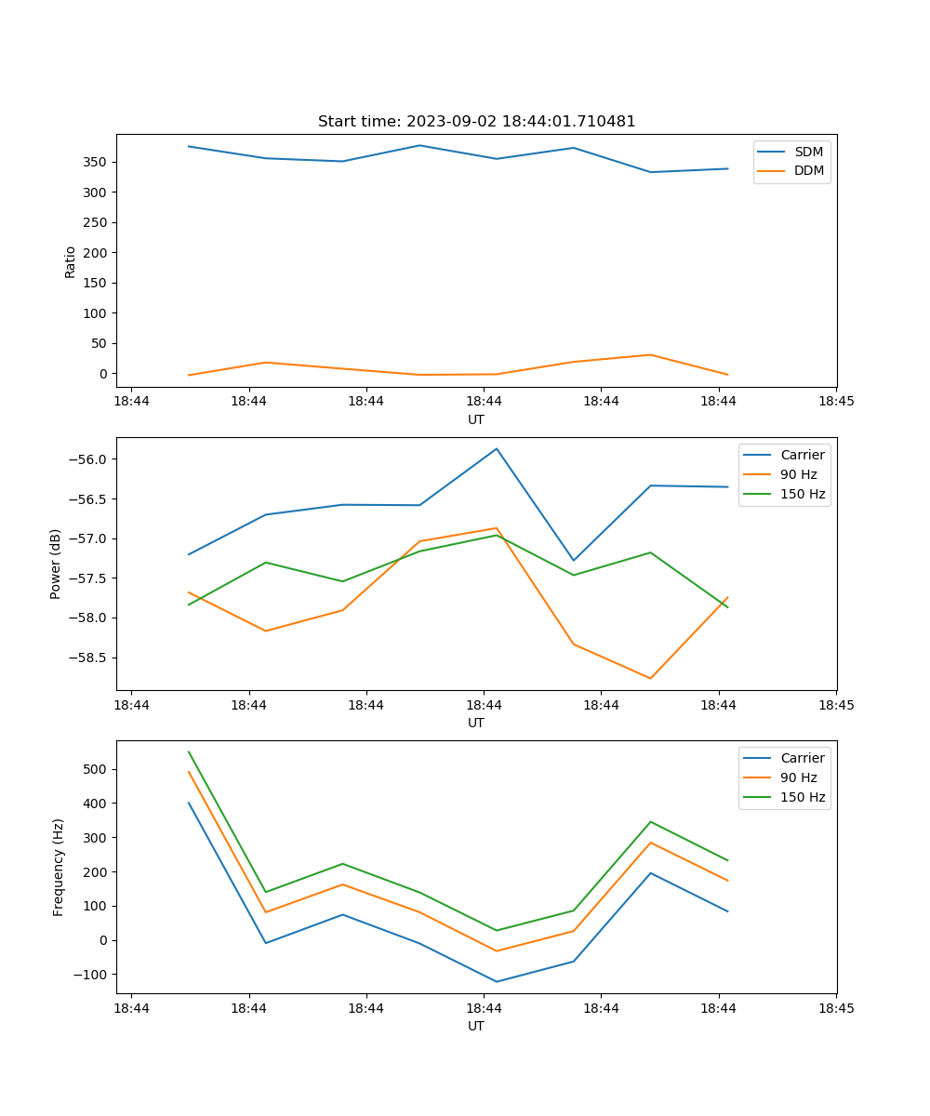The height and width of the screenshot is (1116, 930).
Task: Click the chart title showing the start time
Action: [x=476, y=122]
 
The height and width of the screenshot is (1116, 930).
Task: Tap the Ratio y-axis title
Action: [x=71, y=261]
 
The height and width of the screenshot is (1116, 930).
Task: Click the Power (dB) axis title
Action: [x=56, y=564]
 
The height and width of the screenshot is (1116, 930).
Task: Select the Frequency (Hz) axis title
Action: [x=59, y=867]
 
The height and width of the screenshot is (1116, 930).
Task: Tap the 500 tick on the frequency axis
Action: [x=97, y=769]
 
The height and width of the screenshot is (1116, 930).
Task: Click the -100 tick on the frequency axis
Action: [x=92, y=974]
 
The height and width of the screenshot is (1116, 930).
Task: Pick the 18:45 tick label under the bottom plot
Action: [x=835, y=1008]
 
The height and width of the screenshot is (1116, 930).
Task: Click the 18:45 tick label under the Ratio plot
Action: [x=835, y=402]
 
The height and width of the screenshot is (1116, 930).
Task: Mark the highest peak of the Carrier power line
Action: [x=497, y=448]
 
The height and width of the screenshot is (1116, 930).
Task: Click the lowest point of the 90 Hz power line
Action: [x=650, y=678]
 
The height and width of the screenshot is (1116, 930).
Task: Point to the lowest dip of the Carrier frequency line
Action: [x=497, y=981]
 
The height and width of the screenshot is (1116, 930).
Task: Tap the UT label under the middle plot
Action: [x=476, y=723]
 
